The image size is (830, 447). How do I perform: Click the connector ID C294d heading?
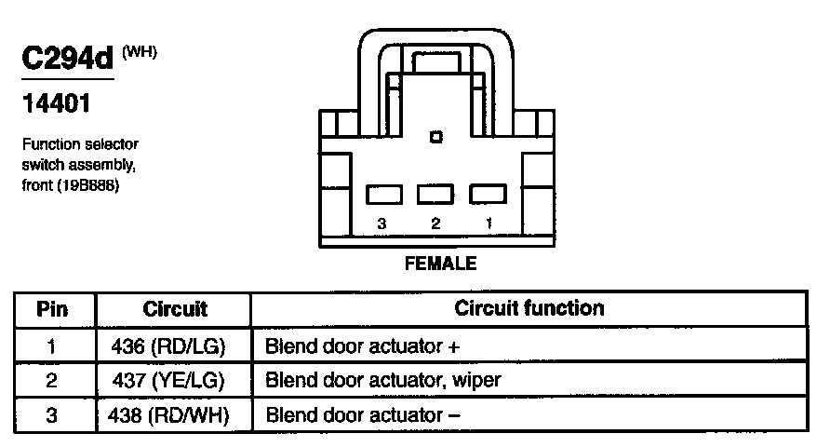coord(66,58)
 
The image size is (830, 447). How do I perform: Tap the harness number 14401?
coord(56,104)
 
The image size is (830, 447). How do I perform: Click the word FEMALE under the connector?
coord(440,264)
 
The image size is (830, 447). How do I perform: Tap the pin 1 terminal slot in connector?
coord(486,194)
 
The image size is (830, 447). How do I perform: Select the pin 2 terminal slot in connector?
coord(435,194)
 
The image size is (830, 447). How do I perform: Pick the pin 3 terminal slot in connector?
coord(383,194)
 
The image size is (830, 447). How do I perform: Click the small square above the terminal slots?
coord(435,138)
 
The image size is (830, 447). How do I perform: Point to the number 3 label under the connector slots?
coord(382,224)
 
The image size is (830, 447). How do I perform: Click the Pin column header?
coord(52,309)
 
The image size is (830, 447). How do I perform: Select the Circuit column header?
coord(175,309)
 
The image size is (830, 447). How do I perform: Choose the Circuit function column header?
coord(529,308)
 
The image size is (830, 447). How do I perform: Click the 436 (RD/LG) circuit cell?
coord(175,346)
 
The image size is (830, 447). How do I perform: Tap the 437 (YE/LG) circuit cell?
coord(175,380)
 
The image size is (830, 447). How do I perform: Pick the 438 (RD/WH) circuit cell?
coord(175,413)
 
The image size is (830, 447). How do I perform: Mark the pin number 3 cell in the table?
coord(52,413)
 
